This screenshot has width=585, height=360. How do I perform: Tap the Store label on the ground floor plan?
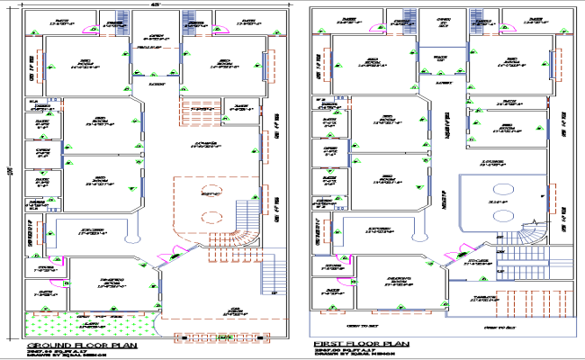[44, 268]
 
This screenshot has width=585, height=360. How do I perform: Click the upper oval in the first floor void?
[499, 191]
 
